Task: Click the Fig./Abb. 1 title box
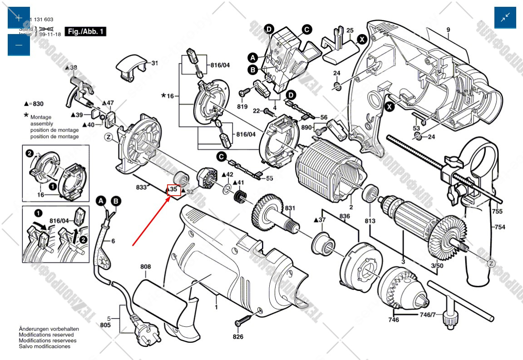86,31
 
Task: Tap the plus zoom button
19,18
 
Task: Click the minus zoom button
19,45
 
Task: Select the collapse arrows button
505,18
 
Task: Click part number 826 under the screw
238,336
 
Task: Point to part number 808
145,267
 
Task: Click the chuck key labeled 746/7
443,297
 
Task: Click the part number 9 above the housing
448,30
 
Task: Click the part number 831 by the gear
290,208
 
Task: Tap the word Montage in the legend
41,117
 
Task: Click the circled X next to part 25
362,39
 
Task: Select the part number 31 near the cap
154,63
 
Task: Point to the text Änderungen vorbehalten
49,329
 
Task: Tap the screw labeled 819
242,92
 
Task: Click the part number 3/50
437,265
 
